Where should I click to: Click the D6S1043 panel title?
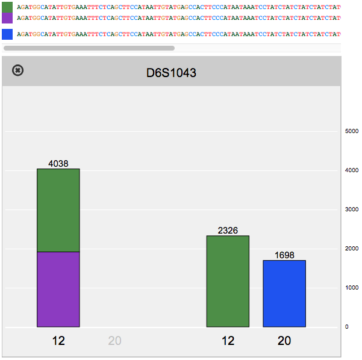(171, 73)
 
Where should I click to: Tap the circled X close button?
(18, 70)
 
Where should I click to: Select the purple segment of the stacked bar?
(58, 289)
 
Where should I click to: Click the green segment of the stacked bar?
(58, 210)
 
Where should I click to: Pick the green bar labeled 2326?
(228, 281)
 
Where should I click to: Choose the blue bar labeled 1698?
(284, 294)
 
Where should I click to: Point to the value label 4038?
(58, 163)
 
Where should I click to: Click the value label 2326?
(228, 230)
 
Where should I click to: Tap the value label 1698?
(284, 255)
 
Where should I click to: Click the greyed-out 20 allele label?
(114, 341)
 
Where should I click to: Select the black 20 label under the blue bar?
(284, 341)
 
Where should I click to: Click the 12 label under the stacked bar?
(58, 341)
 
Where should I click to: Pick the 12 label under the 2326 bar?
(228, 341)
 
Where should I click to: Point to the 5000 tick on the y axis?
(351, 131)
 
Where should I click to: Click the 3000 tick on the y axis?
(351, 209)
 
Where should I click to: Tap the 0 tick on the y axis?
(346, 327)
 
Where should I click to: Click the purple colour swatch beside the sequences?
(7, 18)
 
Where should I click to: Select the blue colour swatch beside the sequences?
(7, 34)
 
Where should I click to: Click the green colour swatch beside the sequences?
(7, 7)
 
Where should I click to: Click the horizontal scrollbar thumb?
(89, 48)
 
